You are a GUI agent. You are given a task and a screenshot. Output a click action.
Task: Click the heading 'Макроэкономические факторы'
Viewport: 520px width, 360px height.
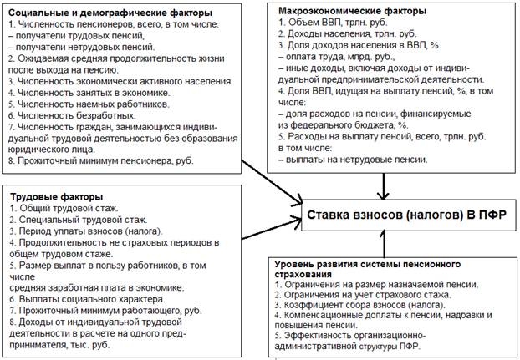tap(354, 11)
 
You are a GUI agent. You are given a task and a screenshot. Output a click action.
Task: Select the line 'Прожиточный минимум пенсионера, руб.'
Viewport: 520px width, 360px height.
tap(105, 160)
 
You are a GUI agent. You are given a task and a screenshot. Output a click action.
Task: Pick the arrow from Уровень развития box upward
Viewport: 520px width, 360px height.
tap(385, 246)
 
